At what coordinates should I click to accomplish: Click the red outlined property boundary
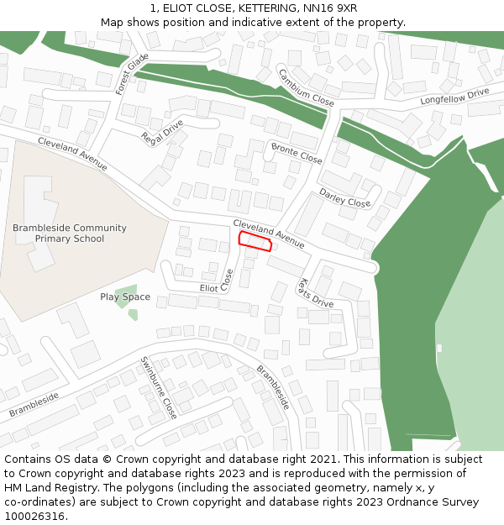pyautogui.click(x=255, y=242)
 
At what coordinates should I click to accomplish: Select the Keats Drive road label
pyautogui.click(x=316, y=293)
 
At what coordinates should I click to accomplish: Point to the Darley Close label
pyautogui.click(x=344, y=198)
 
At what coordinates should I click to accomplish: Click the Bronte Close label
pyautogui.click(x=297, y=153)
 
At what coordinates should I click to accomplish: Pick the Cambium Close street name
pyautogui.click(x=306, y=87)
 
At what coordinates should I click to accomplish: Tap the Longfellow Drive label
pyautogui.click(x=454, y=97)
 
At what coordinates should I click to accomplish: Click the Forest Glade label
pyautogui.click(x=132, y=73)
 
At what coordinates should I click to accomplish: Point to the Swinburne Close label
pyautogui.click(x=159, y=388)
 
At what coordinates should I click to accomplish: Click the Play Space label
pyautogui.click(x=125, y=297)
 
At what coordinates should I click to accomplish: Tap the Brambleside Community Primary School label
pyautogui.click(x=70, y=234)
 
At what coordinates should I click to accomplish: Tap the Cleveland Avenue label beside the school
pyautogui.click(x=72, y=154)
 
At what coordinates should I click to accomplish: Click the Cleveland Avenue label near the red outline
pyautogui.click(x=269, y=233)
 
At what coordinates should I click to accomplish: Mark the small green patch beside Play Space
pyautogui.click(x=133, y=315)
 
